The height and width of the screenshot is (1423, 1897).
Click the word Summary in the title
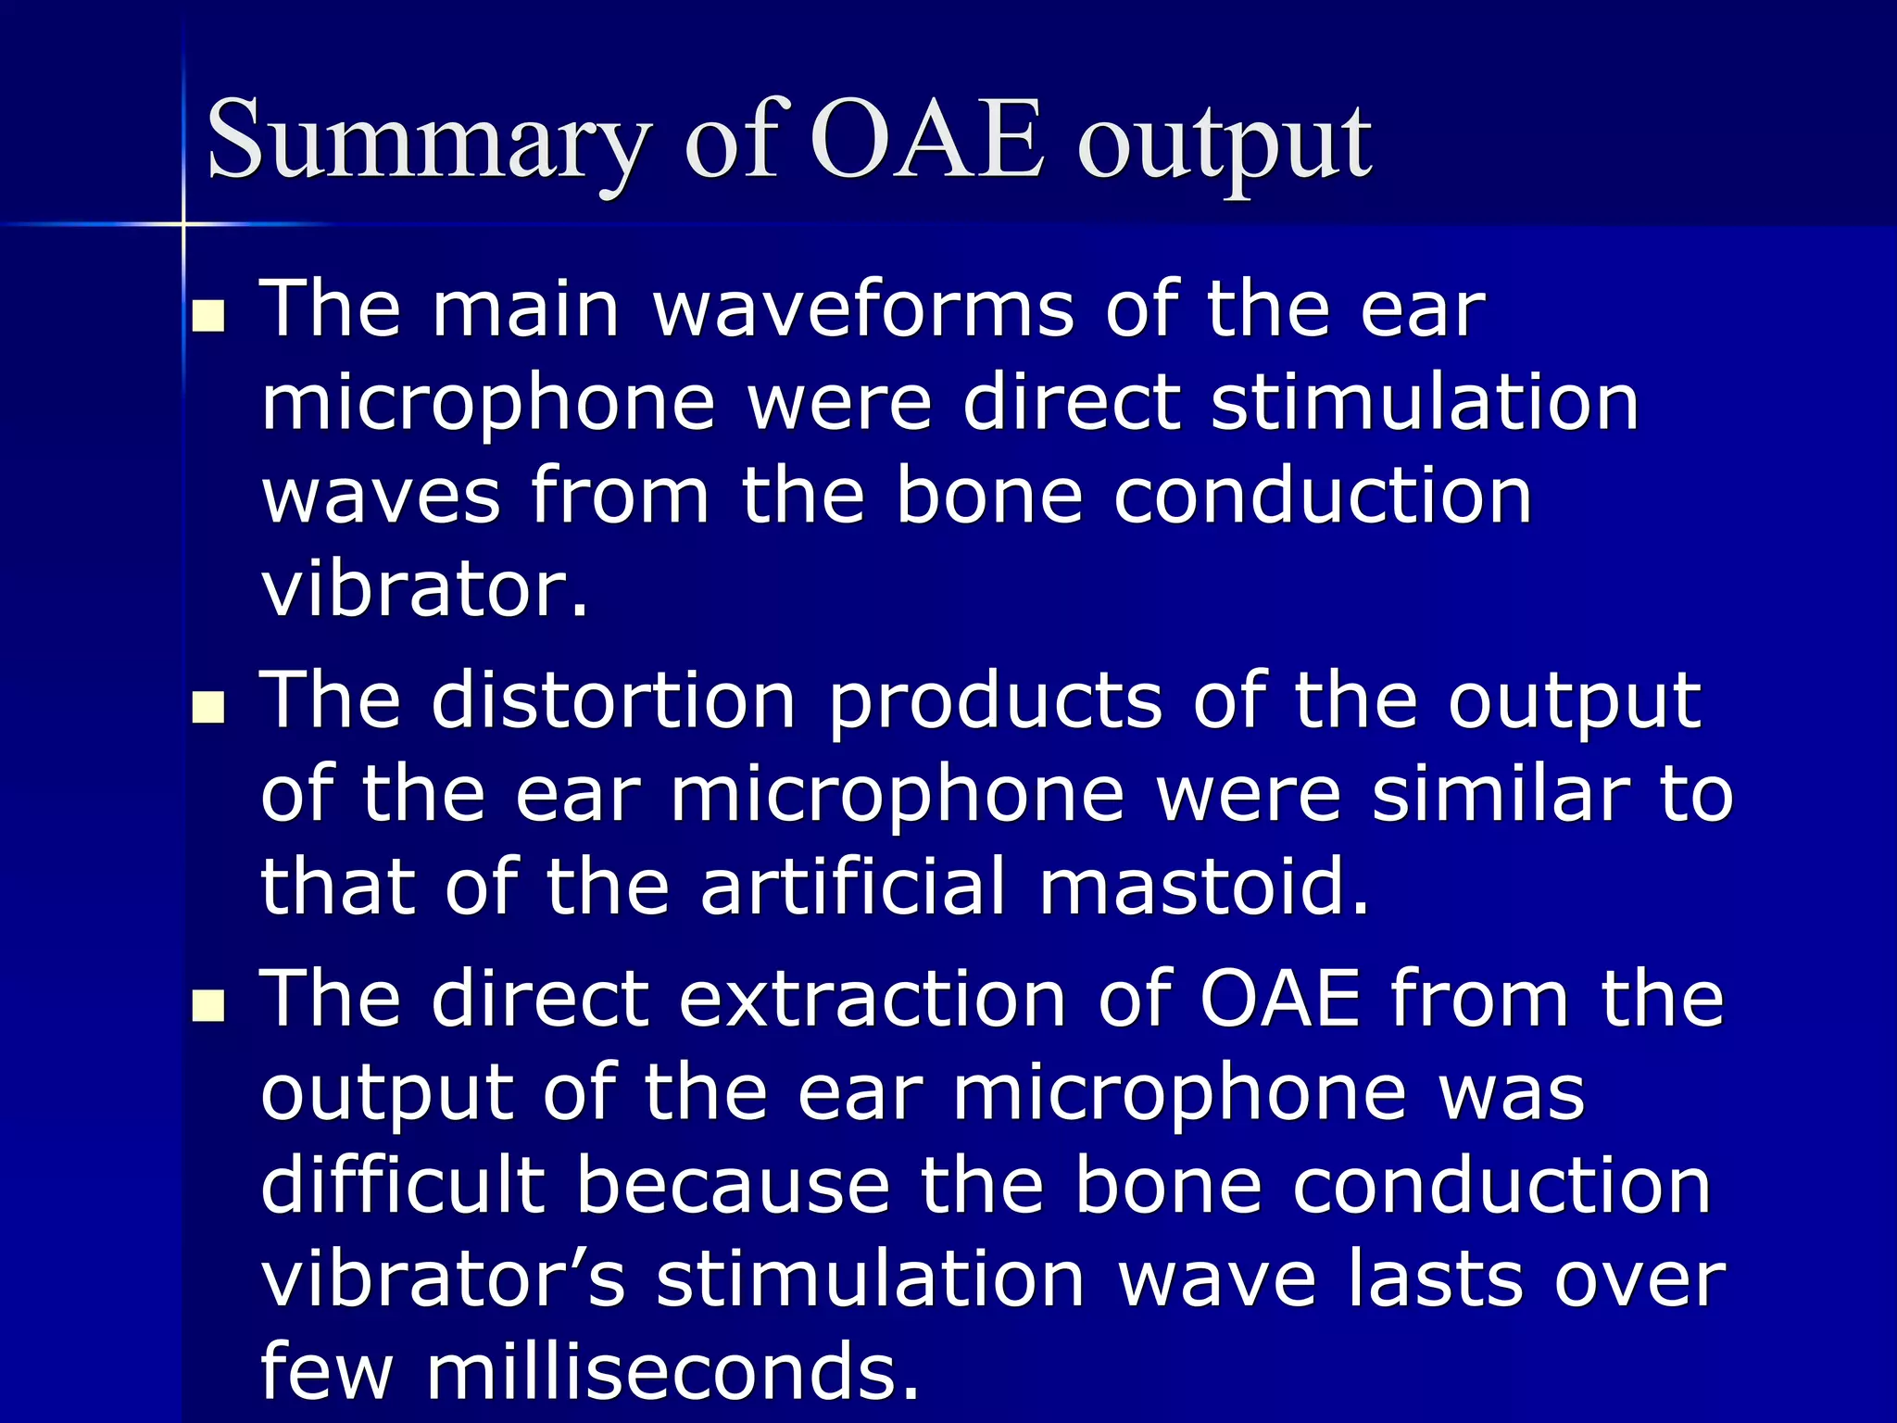click(x=426, y=141)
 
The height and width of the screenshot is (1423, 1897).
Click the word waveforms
click(x=863, y=309)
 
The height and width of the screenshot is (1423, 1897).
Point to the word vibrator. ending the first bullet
click(x=424, y=590)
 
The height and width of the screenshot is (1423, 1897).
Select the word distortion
click(x=612, y=700)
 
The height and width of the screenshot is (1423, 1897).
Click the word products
click(x=994, y=702)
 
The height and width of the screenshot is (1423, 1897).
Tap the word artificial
click(x=852, y=887)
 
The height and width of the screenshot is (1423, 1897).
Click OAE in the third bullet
click(x=1279, y=999)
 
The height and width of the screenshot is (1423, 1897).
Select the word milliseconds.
click(x=672, y=1372)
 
